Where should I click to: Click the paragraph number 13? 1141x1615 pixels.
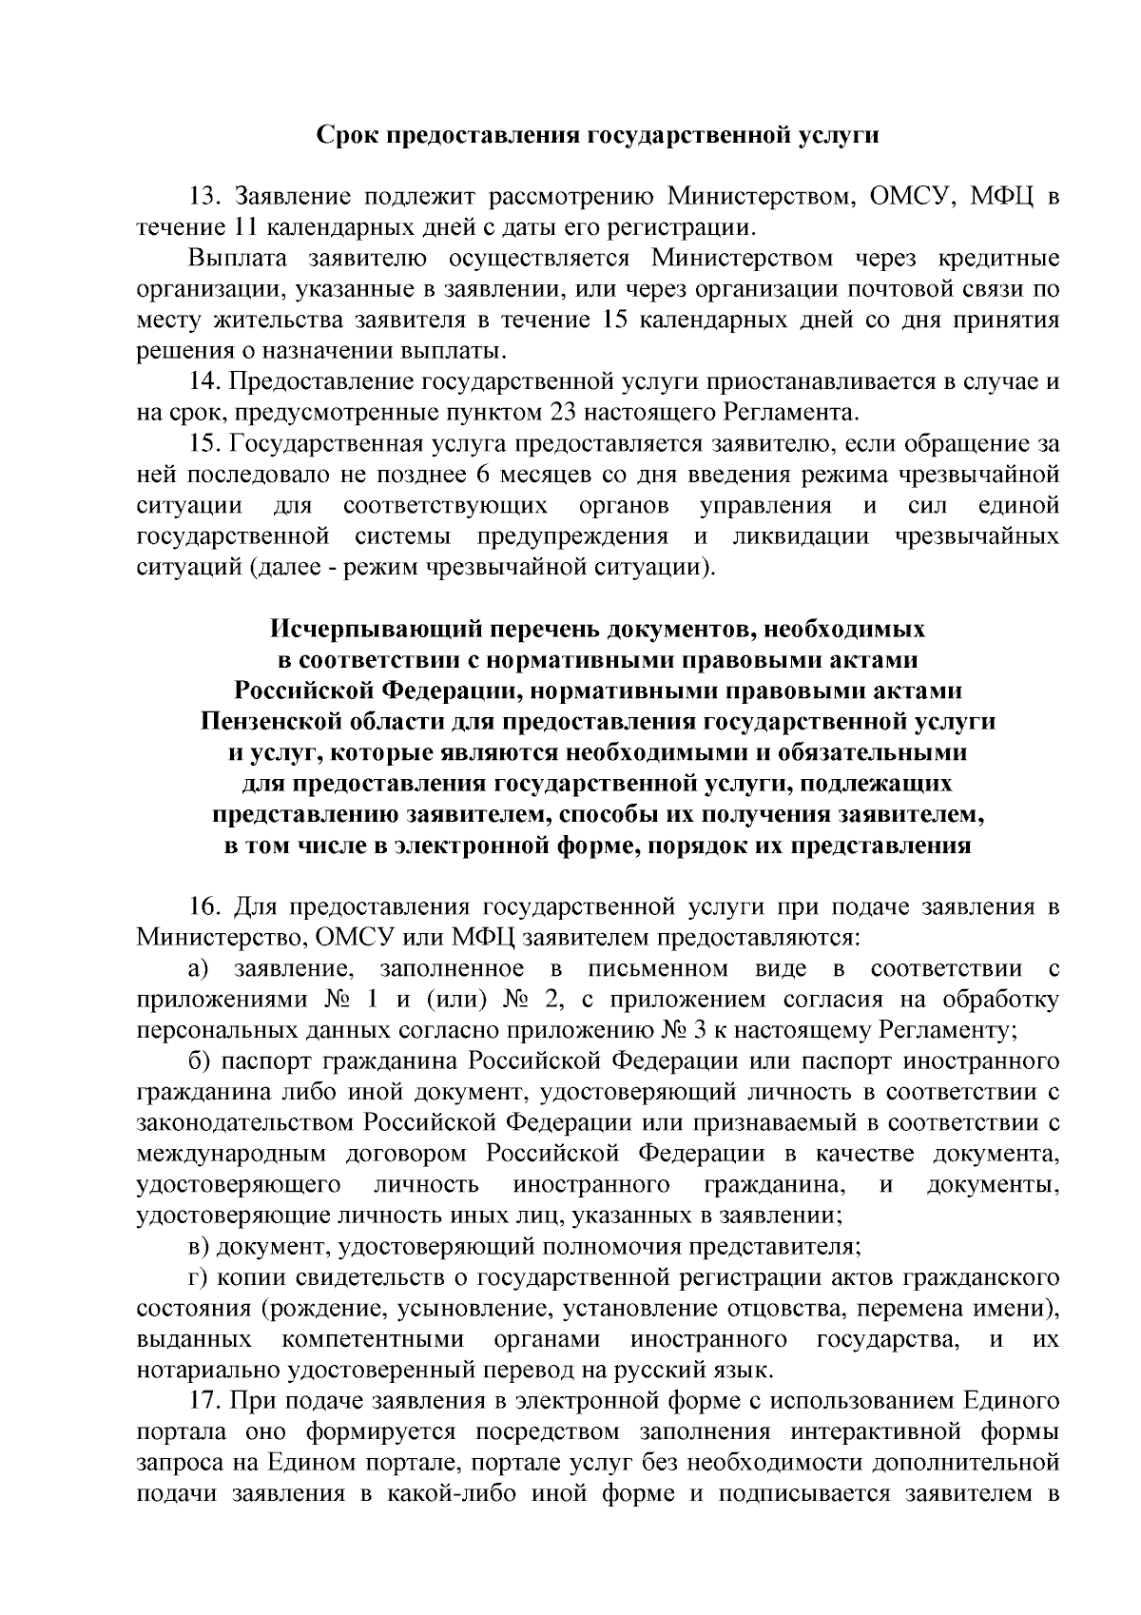205,199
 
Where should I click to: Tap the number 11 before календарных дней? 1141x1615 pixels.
242,228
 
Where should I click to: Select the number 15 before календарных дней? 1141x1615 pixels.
619,321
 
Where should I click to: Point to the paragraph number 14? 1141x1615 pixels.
205,382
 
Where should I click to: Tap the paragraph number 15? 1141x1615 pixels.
205,444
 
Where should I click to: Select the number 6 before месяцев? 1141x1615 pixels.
562,475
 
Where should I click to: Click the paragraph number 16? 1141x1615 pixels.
205,907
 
